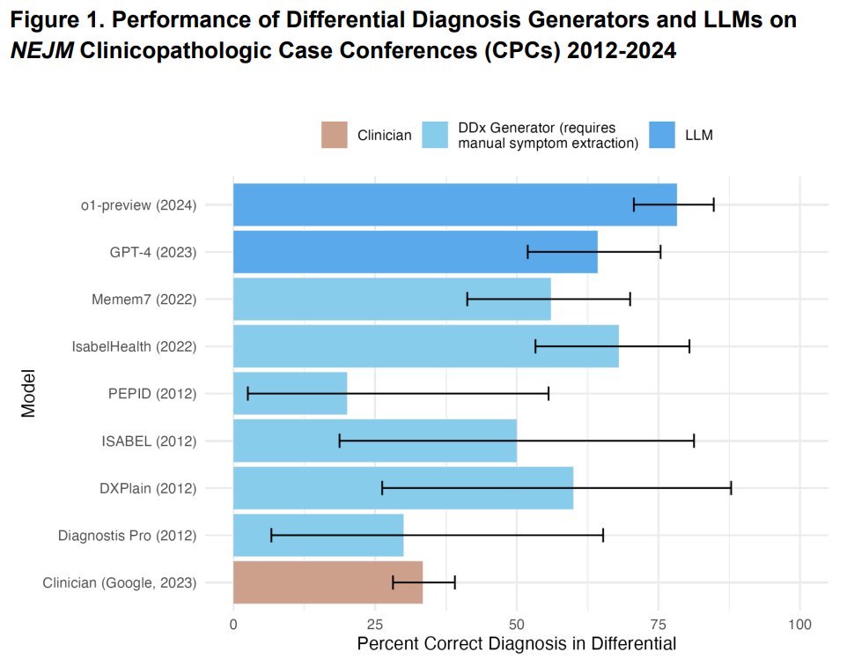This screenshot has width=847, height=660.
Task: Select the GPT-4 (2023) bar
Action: [x=415, y=252]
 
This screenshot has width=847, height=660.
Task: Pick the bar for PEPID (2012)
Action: [x=290, y=393]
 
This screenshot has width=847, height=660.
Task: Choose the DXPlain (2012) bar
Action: [x=402, y=488]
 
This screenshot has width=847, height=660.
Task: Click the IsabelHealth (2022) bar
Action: [x=425, y=346]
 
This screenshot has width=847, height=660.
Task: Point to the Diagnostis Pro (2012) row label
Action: [x=127, y=536]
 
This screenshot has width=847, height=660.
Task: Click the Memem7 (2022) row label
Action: [x=144, y=299]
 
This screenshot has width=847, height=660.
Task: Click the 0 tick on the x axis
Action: [x=233, y=624]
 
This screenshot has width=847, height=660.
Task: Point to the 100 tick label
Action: [x=799, y=624]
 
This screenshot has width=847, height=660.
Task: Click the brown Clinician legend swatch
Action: [x=335, y=135]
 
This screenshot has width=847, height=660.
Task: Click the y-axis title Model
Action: [x=29, y=393]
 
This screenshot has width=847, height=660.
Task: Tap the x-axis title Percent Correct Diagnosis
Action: [x=516, y=643]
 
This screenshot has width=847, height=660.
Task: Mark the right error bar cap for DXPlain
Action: [x=731, y=488]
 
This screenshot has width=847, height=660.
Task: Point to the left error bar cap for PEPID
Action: [x=248, y=393]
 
